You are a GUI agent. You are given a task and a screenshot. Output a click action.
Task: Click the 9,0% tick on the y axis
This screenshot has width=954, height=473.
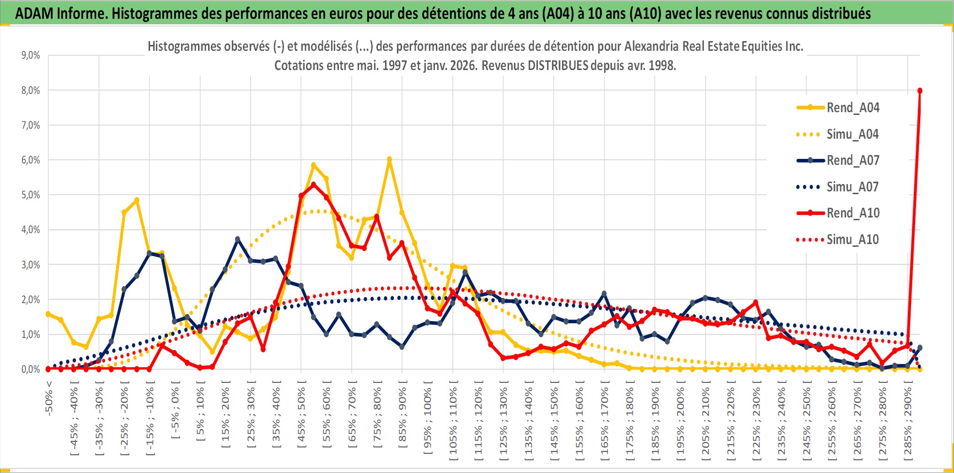tap(31, 55)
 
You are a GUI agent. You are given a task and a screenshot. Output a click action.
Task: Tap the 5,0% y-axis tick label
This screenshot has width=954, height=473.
tap(31, 195)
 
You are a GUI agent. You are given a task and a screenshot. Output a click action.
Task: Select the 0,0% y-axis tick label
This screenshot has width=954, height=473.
tap(31, 370)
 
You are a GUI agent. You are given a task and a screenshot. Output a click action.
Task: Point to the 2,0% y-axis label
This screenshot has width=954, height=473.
tap(31, 300)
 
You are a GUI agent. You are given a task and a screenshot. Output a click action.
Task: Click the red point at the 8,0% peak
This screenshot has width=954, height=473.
tap(920, 91)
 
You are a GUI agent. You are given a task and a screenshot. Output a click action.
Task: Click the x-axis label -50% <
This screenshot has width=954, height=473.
tap(49, 398)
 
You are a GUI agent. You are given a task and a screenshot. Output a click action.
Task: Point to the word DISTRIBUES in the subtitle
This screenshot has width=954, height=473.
tap(557, 65)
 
